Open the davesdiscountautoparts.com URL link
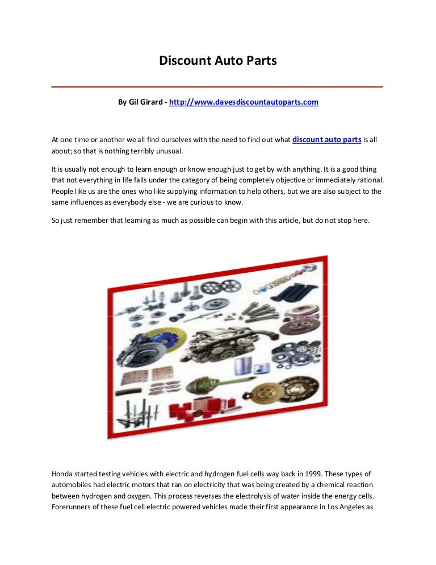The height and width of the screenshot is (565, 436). [x=244, y=102]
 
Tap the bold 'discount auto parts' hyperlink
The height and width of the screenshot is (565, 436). [x=326, y=139]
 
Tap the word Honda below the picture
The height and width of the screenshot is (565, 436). [x=62, y=473]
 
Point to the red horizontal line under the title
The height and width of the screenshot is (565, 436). [x=217, y=87]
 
